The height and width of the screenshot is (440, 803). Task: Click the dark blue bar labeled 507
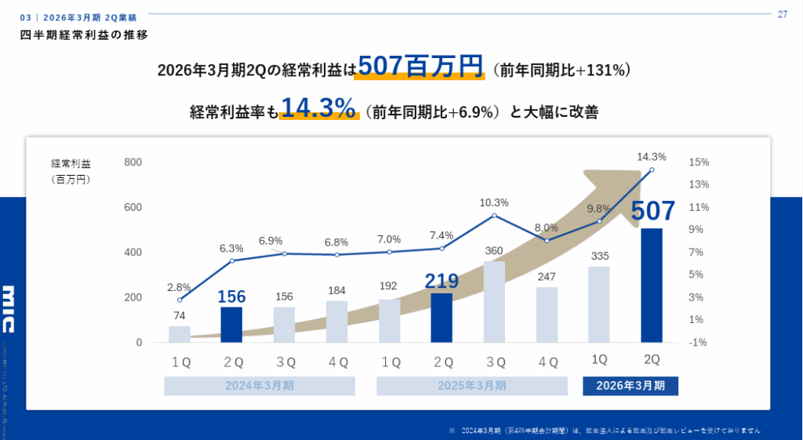pyautogui.click(x=652, y=285)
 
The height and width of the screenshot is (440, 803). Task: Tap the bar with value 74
pyautogui.click(x=180, y=334)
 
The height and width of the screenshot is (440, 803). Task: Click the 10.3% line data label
pyautogui.click(x=494, y=202)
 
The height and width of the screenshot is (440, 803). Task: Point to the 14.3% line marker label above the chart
pyautogui.click(x=652, y=156)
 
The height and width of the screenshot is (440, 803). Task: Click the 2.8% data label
pyautogui.click(x=180, y=287)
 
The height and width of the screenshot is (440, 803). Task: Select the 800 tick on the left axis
pyautogui.click(x=133, y=162)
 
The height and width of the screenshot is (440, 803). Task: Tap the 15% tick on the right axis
pyautogui.click(x=699, y=162)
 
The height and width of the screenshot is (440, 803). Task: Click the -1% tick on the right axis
pyautogui.click(x=699, y=343)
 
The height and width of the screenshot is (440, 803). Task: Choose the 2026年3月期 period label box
pyautogui.click(x=630, y=386)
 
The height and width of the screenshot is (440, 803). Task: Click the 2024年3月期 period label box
pyautogui.click(x=260, y=386)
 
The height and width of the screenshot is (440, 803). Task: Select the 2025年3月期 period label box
pyautogui.click(x=471, y=386)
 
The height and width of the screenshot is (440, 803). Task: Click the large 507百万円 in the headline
pyautogui.click(x=420, y=67)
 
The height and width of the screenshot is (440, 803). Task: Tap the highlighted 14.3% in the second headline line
pyautogui.click(x=318, y=108)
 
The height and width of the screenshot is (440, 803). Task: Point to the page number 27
pyautogui.click(x=782, y=14)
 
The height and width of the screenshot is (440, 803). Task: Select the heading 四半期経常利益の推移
pyautogui.click(x=84, y=35)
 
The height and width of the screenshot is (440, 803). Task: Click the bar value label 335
pyautogui.click(x=599, y=256)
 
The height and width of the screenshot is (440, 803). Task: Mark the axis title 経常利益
pyautogui.click(x=71, y=163)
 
